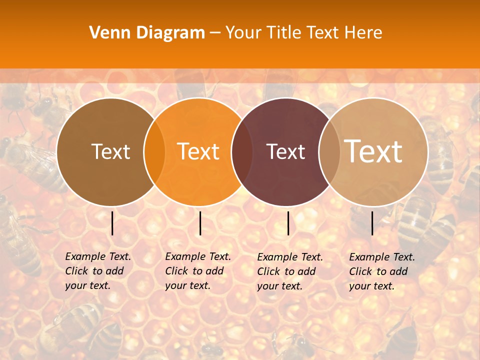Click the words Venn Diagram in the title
[x=147, y=33]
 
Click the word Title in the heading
[x=283, y=33]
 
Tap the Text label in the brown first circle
[x=110, y=151]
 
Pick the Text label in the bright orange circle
[x=198, y=151]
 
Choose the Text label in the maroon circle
[x=285, y=151]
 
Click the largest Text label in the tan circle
[x=373, y=151]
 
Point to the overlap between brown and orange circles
[x=154, y=151]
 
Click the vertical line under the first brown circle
[x=112, y=223]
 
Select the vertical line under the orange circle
[x=200, y=223]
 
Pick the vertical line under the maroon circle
[x=288, y=223]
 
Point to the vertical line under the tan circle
[x=372, y=223]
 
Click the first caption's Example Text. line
[x=98, y=256]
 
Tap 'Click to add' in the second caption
[x=194, y=271]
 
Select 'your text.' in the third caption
[x=280, y=286]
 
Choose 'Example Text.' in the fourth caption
[x=382, y=257]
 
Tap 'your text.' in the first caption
[x=87, y=285]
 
